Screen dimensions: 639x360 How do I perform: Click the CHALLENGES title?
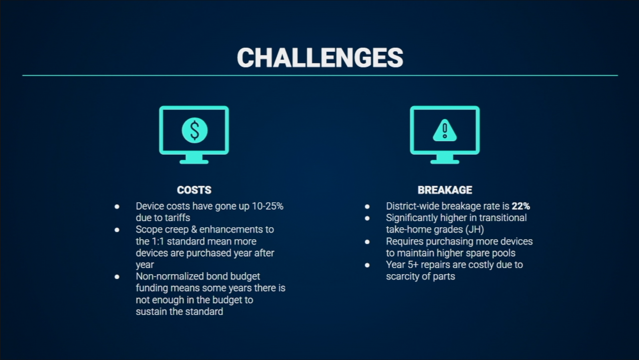[x=320, y=58]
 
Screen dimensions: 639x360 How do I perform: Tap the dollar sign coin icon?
[x=195, y=130]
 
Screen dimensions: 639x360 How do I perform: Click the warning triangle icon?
[x=445, y=130]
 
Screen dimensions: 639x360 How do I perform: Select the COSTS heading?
[x=194, y=190]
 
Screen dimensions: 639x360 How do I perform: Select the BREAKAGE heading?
[x=445, y=190]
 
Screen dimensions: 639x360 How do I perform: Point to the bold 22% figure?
[x=521, y=206]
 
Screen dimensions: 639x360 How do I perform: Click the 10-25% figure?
[x=268, y=206]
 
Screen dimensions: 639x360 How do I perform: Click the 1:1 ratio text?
[x=158, y=241]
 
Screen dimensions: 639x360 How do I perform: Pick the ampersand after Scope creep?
[x=194, y=229]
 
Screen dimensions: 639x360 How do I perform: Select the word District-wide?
[x=413, y=206]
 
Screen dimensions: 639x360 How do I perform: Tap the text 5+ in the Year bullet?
[x=413, y=265]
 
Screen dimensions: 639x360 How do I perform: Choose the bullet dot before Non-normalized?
[x=117, y=276]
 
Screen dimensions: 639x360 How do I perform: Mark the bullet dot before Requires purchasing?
[x=367, y=242]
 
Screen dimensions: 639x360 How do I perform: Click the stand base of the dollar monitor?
[x=194, y=162]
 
